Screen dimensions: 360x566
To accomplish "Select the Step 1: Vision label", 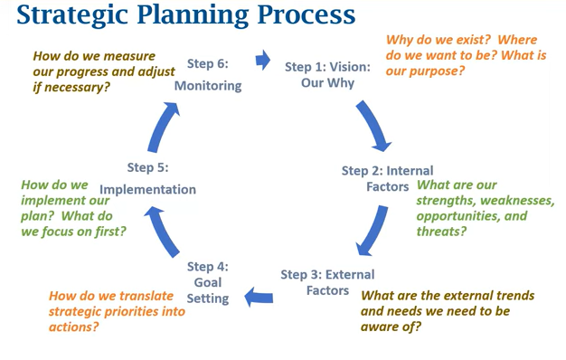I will coord(327,74).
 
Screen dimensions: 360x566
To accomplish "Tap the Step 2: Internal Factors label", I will coord(387,178).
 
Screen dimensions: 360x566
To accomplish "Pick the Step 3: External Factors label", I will coord(327,282).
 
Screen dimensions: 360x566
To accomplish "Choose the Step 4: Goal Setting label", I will coord(209,281).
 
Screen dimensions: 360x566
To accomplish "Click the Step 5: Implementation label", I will coord(147,178).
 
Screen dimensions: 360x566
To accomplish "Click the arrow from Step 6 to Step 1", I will coord(263,61).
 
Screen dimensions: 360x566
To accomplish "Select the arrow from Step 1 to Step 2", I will coord(373,125).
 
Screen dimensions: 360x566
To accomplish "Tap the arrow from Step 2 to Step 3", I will coord(373,232).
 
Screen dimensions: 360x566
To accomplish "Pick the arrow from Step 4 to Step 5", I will coord(165,230).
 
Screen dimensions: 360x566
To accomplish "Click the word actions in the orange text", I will coord(71,327).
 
